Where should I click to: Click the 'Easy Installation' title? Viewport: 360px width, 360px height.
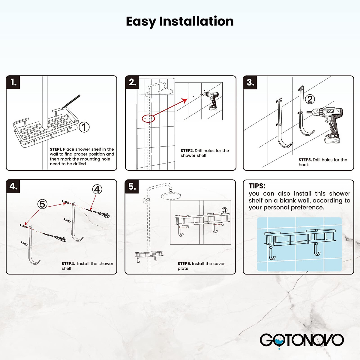pyautogui.click(x=180, y=22)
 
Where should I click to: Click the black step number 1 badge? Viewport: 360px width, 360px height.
pyautogui.click(x=13, y=82)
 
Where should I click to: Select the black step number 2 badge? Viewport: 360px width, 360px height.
pyautogui.click(x=132, y=82)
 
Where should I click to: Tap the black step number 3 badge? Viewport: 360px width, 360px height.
pyautogui.click(x=250, y=82)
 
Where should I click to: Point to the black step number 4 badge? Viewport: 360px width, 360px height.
pyautogui.click(x=13, y=186)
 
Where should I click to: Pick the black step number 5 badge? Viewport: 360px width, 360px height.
pyautogui.click(x=132, y=186)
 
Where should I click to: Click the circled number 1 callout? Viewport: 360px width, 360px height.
pyautogui.click(x=84, y=127)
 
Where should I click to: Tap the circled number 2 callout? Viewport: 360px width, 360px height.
pyautogui.click(x=310, y=99)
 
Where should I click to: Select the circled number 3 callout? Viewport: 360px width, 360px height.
pyautogui.click(x=224, y=210)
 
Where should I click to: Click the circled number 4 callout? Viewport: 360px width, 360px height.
pyautogui.click(x=97, y=189)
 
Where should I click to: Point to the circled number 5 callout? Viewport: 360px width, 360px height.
pyautogui.click(x=42, y=204)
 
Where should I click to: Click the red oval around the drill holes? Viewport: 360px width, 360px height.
pyautogui.click(x=148, y=118)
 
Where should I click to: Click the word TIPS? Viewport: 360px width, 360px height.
pyautogui.click(x=257, y=186)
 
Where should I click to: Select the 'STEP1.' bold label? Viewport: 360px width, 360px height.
pyautogui.click(x=56, y=149)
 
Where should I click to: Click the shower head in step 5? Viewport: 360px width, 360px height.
pyautogui.click(x=171, y=196)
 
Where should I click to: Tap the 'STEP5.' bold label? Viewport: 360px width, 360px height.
pyautogui.click(x=184, y=264)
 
